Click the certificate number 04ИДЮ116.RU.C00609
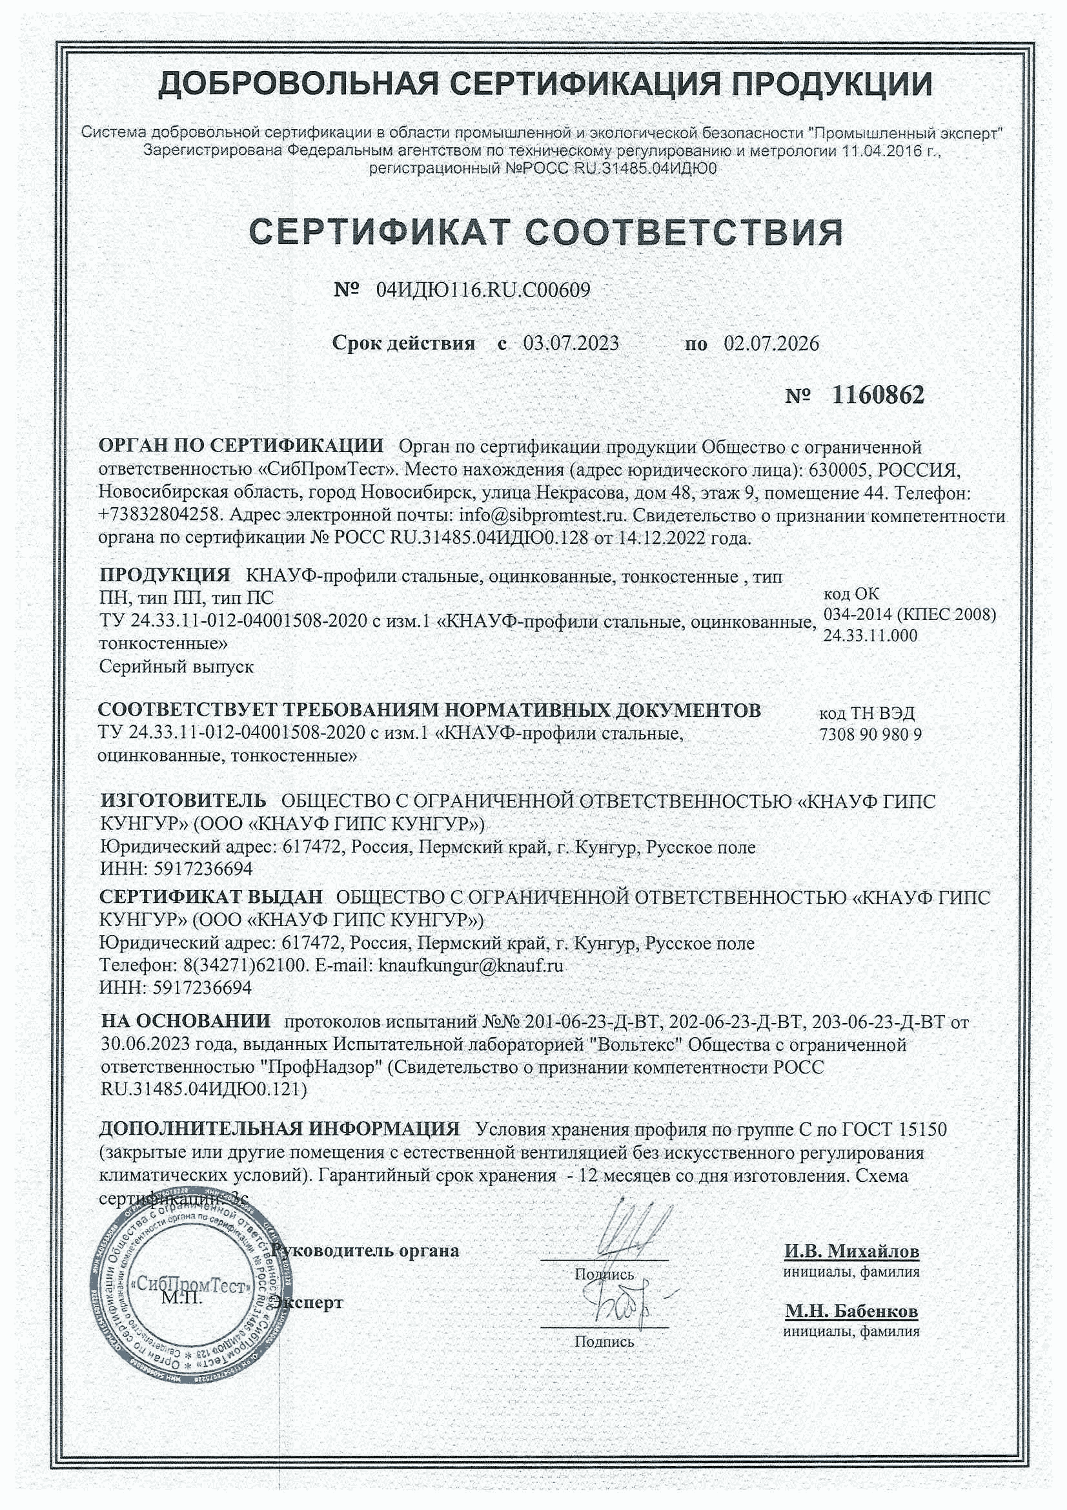point(483,290)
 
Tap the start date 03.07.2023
point(571,344)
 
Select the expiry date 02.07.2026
point(771,344)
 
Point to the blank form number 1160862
point(878,395)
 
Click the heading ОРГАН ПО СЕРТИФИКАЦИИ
point(241,445)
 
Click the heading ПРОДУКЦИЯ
point(165,575)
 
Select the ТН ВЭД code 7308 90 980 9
point(870,734)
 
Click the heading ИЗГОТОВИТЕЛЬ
point(183,800)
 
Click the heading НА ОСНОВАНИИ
point(185,1020)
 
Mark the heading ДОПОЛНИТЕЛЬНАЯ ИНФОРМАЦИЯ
point(279,1128)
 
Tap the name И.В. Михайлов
point(851,1250)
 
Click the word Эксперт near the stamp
point(309,1302)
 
